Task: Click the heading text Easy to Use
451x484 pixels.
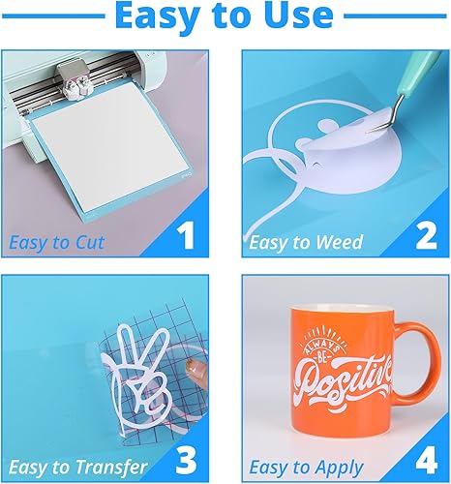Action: (225, 16)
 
